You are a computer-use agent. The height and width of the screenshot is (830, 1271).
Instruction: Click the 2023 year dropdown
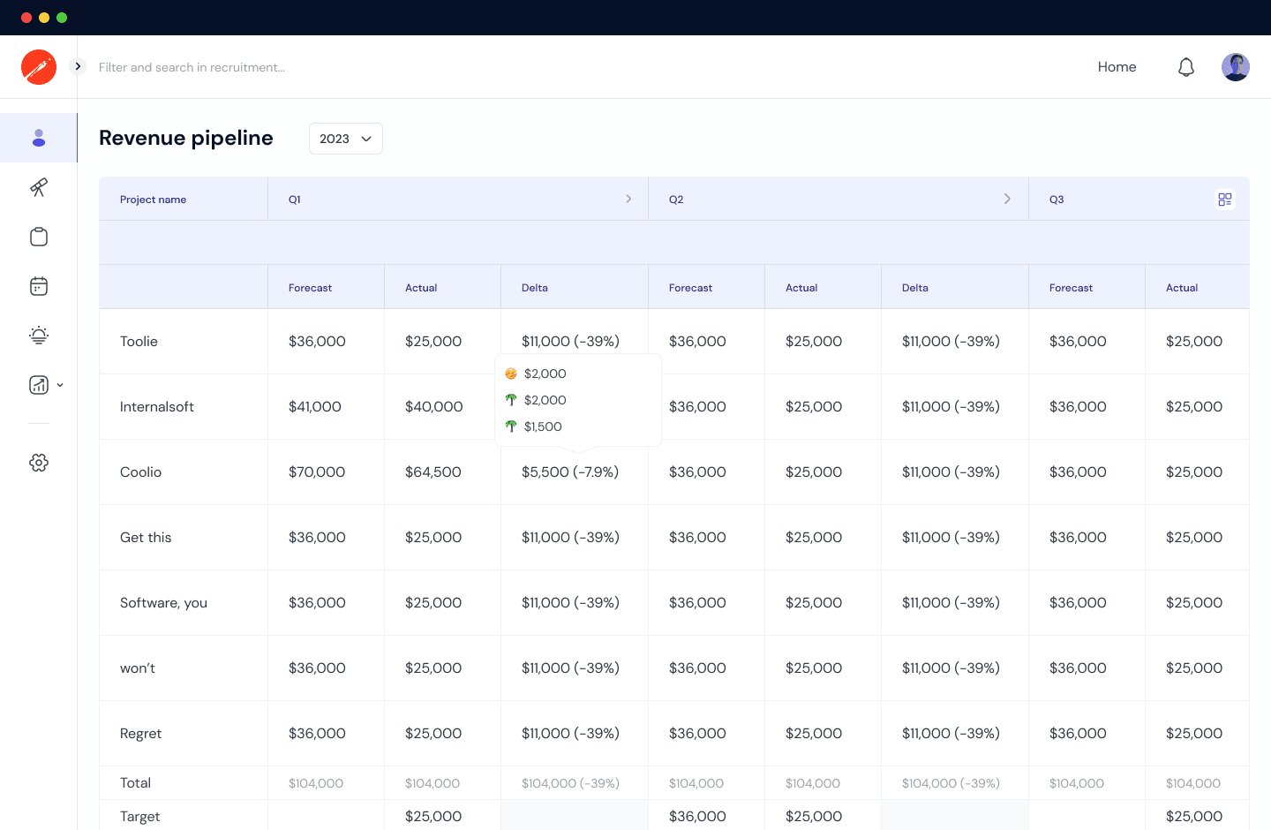point(345,139)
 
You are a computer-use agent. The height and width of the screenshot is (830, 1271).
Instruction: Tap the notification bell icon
point(1186,67)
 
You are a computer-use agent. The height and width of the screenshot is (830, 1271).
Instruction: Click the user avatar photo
point(1235,67)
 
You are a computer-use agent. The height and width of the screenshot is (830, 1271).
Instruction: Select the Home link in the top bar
point(1117,67)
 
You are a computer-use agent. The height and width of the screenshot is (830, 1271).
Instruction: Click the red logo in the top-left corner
point(39,67)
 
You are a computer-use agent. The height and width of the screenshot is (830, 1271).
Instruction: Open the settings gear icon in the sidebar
point(39,463)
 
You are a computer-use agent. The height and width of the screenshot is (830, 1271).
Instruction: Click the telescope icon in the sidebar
point(39,187)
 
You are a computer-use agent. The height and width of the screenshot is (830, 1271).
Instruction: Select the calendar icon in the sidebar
point(39,286)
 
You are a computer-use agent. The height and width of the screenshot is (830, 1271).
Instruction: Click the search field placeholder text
point(192,67)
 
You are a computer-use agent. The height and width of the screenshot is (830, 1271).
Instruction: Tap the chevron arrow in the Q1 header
point(628,199)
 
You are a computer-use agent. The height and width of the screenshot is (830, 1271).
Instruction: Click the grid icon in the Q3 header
point(1224,200)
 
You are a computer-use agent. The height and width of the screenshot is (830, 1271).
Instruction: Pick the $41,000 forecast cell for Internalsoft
point(315,407)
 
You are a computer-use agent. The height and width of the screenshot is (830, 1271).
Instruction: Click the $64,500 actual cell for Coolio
point(432,472)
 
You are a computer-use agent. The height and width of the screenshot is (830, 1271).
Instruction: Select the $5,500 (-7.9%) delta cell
point(570,472)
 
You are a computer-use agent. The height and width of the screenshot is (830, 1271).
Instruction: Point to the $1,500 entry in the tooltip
point(542,426)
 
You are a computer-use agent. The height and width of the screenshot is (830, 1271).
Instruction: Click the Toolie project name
point(139,342)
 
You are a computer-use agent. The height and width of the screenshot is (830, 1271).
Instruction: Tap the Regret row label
point(140,734)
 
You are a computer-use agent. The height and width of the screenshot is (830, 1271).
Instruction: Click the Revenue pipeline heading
point(186,138)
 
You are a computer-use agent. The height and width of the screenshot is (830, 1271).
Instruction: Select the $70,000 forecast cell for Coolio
point(317,472)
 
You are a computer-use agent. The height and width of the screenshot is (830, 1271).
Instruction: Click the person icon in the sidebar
point(39,138)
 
